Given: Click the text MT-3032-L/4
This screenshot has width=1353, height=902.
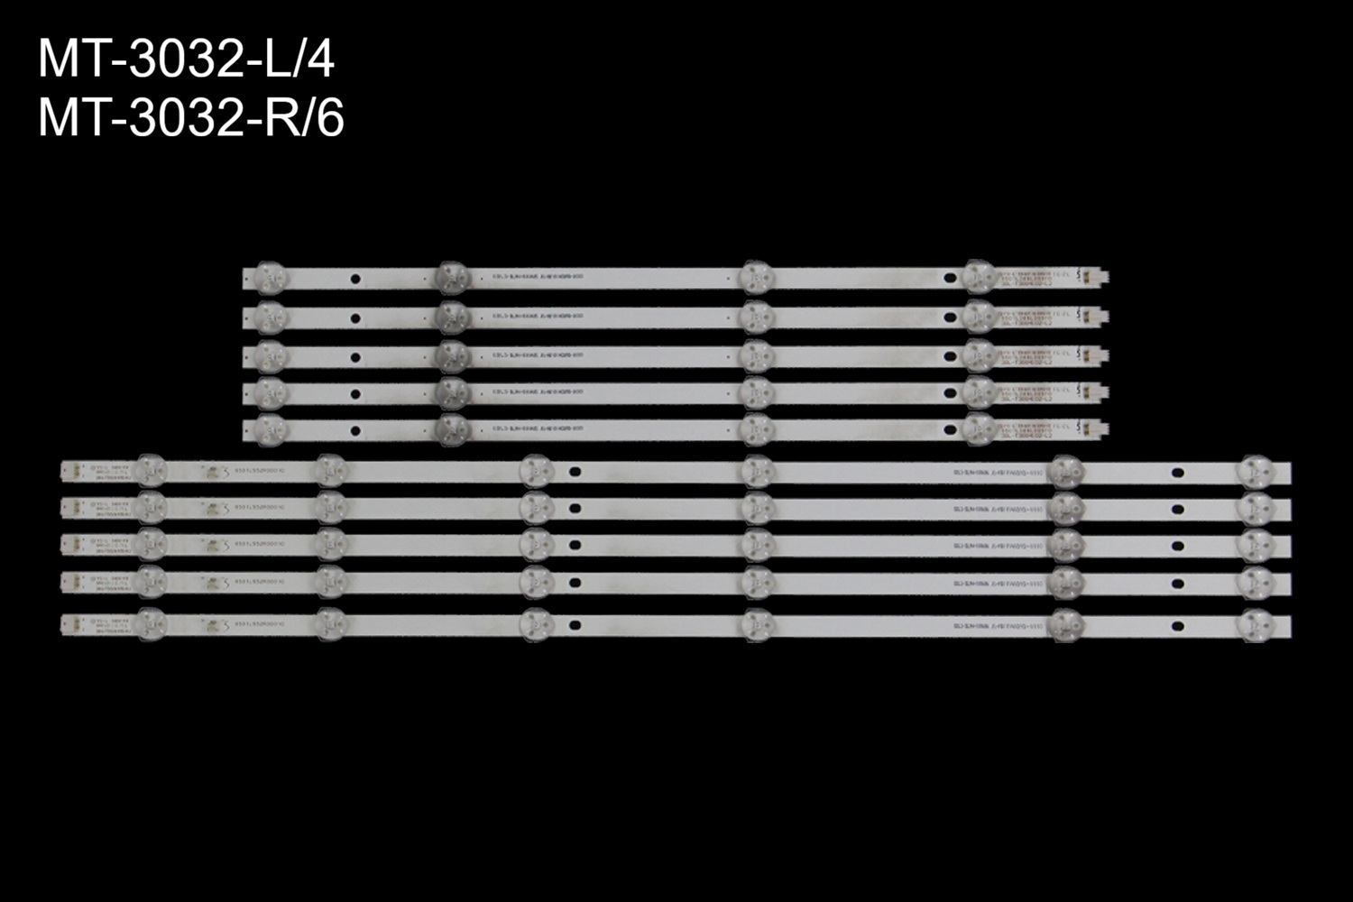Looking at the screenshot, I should pos(186,61).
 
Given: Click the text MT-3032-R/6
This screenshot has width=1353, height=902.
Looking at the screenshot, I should pos(191,119).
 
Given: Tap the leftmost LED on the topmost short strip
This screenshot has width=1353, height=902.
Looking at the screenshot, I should pos(270,277).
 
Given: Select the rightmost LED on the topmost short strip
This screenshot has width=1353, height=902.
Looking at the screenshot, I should pos(978,277).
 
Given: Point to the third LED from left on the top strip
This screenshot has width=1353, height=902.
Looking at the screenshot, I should pos(755,277).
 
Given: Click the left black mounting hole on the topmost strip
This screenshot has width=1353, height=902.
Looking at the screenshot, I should pos(355,280).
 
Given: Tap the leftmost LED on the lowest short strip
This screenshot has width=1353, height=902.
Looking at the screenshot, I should pos(270,430).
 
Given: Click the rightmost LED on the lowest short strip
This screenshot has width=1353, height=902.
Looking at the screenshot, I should pos(978,430).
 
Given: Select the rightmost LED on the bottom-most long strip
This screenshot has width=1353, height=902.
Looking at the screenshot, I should pos(1256,625).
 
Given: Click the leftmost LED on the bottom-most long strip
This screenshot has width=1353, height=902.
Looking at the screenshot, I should pos(151,623).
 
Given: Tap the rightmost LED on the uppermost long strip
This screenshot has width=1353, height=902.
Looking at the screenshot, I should pos(1256,472).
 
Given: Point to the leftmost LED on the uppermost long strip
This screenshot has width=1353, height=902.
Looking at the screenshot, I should pos(151,470).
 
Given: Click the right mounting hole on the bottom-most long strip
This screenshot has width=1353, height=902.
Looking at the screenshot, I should pos(1177,626).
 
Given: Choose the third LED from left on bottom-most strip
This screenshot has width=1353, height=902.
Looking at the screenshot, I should pos(536,624).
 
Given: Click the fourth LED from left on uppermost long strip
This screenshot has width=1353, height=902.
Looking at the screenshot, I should pos(758,471).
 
